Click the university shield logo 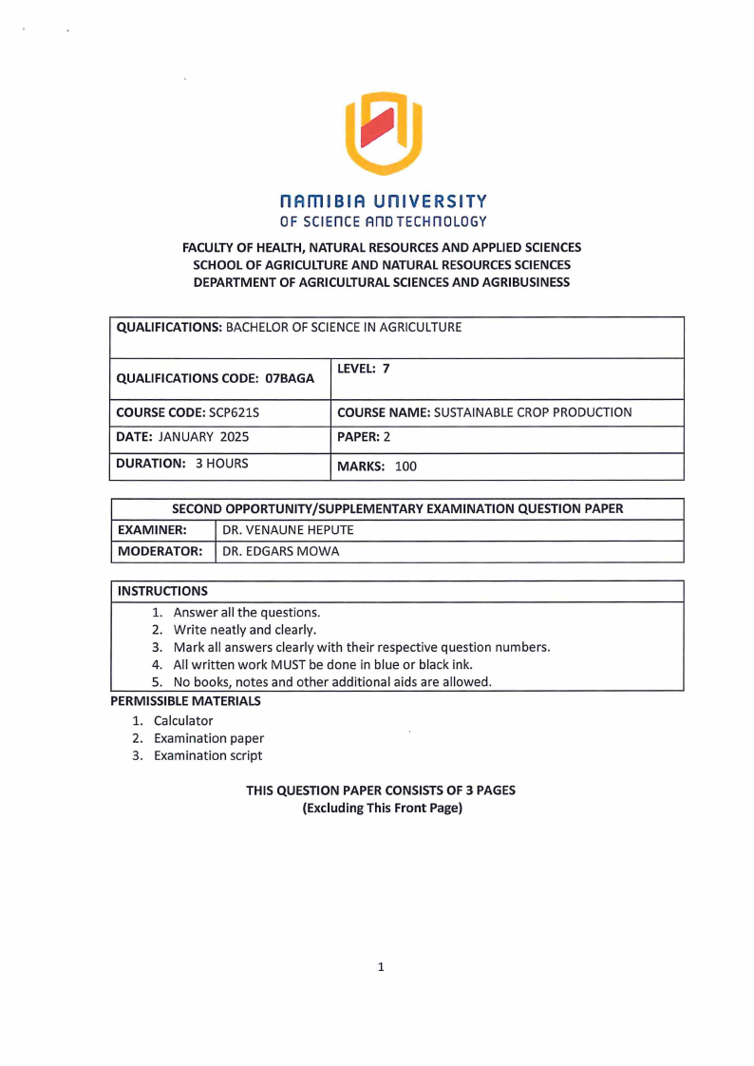(382, 133)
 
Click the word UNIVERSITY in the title (429, 201)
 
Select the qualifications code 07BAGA (290, 378)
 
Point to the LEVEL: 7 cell (364, 370)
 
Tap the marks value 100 (405, 466)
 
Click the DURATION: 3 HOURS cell (182, 465)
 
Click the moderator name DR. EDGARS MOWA (280, 551)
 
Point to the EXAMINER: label (152, 529)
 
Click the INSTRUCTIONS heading (162, 591)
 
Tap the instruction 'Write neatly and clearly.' (245, 630)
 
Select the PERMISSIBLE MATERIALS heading (185, 701)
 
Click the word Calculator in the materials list (183, 720)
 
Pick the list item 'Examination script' (208, 755)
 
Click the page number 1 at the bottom (381, 967)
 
